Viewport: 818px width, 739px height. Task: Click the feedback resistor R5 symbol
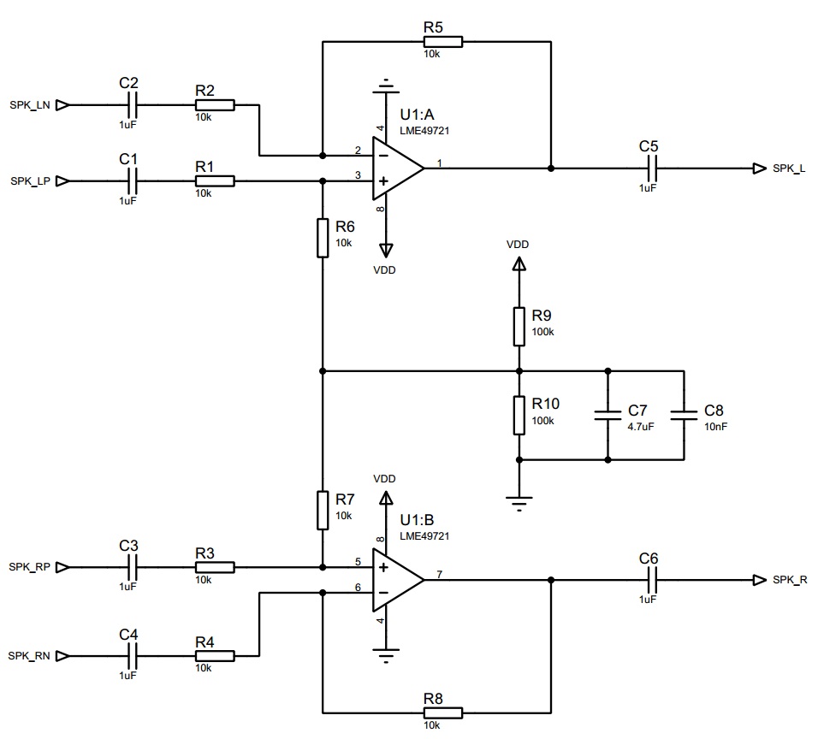pyautogui.click(x=443, y=41)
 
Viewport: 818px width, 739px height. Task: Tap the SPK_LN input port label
pyautogui.click(x=30, y=105)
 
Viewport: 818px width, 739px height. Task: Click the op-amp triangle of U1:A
pyautogui.click(x=396, y=168)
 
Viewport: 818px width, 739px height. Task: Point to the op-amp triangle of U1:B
pyautogui.click(x=396, y=580)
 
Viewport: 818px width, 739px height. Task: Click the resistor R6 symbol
pyautogui.click(x=323, y=238)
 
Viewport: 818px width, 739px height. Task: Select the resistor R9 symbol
pyautogui.click(x=519, y=326)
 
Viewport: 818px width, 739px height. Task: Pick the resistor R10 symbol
pyautogui.click(x=519, y=415)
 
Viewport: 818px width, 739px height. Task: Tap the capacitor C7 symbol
pyautogui.click(x=608, y=416)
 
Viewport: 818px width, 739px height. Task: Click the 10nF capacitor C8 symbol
pyautogui.click(x=684, y=416)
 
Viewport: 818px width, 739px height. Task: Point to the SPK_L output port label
pyautogui.click(x=788, y=168)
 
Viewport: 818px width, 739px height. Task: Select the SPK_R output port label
pyautogui.click(x=789, y=580)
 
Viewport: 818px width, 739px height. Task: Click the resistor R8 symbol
pyautogui.click(x=443, y=712)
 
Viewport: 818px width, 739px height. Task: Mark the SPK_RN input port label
pyautogui.click(x=30, y=656)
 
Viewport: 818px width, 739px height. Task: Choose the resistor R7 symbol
pyautogui.click(x=323, y=510)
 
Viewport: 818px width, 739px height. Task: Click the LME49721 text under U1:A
pyautogui.click(x=424, y=131)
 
